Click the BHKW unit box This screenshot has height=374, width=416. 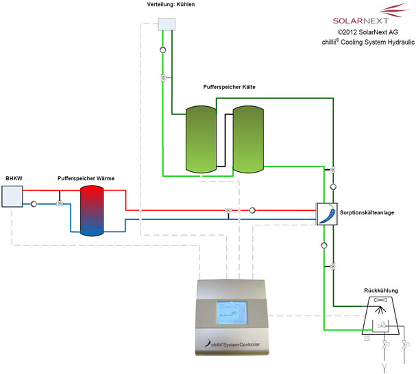click(12, 197)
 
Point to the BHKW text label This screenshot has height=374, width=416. click(14, 178)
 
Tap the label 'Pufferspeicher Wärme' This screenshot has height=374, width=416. click(86, 178)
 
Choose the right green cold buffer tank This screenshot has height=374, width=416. click(247, 138)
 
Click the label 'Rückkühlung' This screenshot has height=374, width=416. click(382, 290)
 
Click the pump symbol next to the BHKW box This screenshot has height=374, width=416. click(33, 203)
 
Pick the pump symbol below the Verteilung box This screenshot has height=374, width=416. click(162, 50)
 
